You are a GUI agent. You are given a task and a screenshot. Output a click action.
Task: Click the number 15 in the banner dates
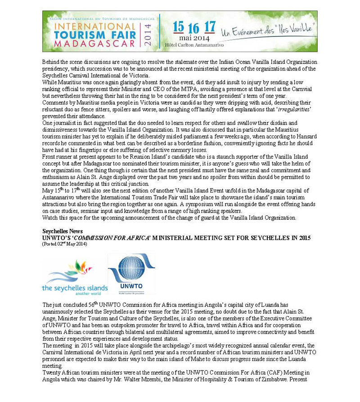tap(178, 27)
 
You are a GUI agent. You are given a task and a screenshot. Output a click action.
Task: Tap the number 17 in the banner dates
tap(209, 27)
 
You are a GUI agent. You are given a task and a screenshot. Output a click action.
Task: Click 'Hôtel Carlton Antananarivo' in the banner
tap(195, 45)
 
